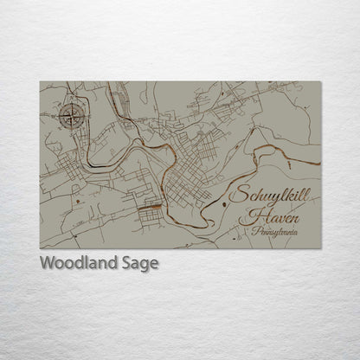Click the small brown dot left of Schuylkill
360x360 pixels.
(224, 203)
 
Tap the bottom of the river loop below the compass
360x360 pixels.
(91, 164)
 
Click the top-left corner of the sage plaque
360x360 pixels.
(40, 81)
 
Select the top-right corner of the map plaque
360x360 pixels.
(321, 81)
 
